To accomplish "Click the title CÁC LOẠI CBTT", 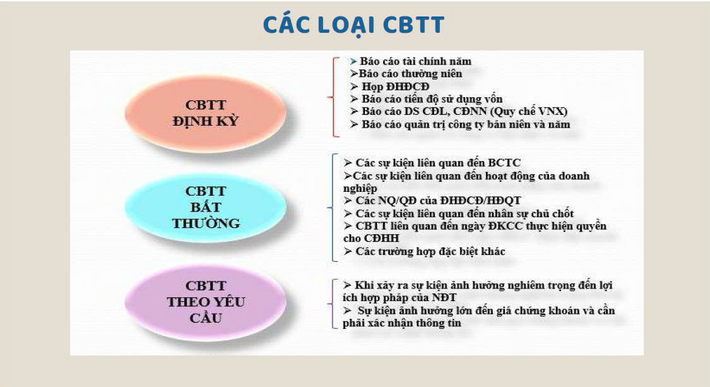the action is [353, 25].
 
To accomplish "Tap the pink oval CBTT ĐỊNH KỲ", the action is [206, 113].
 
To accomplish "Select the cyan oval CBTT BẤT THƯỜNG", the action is [206, 207].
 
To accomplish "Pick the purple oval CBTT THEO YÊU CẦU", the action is [206, 301].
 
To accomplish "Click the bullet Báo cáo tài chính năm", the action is [411, 61].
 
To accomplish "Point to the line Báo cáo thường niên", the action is [406, 73].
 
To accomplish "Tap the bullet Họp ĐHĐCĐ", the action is [389, 86].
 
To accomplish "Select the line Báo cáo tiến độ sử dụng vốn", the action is [426, 98].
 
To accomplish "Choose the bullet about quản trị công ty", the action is [460, 124].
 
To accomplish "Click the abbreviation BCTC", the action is [504, 163].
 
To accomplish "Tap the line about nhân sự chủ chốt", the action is [458, 213].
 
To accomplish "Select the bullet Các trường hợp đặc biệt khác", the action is [424, 251].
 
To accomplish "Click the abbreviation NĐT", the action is [444, 298].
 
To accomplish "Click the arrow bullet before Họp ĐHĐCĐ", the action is [354, 86].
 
